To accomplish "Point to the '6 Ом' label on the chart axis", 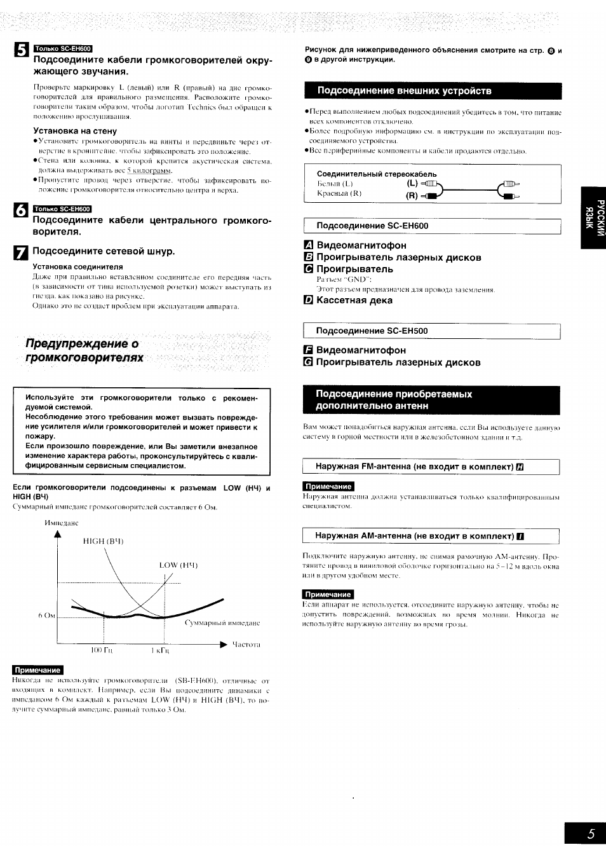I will (x=47, y=615).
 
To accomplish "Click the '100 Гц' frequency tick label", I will (x=101, y=650).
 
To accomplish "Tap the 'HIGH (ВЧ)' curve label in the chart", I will (x=103, y=541).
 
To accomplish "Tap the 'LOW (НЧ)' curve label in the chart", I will (x=178, y=565).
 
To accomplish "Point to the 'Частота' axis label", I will (x=246, y=645).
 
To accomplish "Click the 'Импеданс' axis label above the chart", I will (x=62, y=523).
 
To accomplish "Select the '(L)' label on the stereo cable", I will (x=412, y=184).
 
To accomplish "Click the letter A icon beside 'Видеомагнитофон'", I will (x=309, y=245).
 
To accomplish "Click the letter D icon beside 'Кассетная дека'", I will (x=309, y=301).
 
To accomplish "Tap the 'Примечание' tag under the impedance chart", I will (x=38, y=670).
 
